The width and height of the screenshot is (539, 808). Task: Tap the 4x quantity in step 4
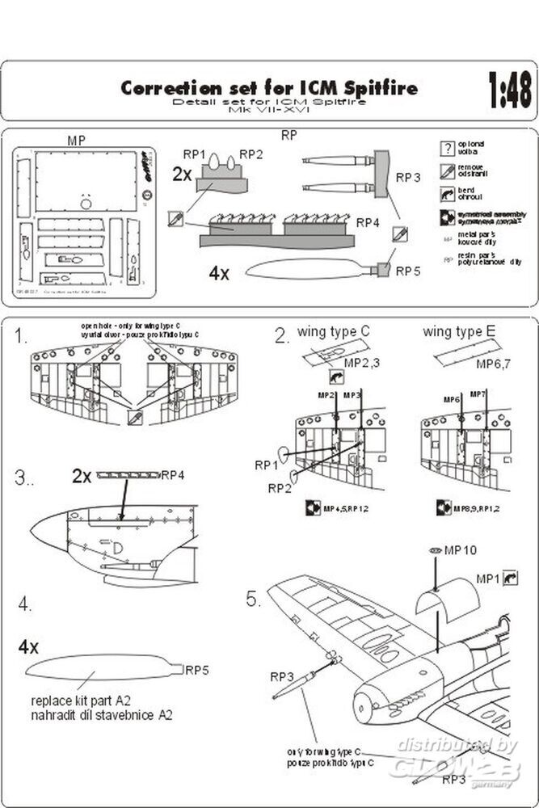pyautogui.click(x=29, y=646)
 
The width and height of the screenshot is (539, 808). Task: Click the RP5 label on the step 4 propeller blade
pyautogui.click(x=198, y=670)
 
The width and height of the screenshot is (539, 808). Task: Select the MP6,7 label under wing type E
pyautogui.click(x=495, y=365)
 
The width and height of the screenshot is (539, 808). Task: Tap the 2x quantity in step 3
pyautogui.click(x=82, y=476)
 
